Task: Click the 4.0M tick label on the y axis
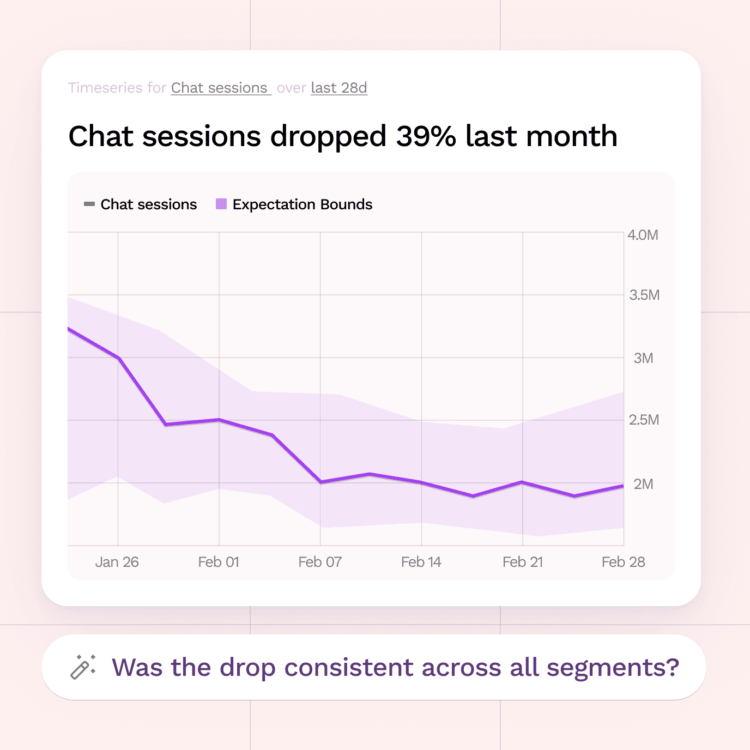643,235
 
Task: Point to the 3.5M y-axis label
644,295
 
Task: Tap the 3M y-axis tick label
643,358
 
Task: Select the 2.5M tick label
644,420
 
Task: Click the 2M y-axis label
643,484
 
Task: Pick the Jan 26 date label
117,562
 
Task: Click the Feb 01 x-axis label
219,562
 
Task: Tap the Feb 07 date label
320,562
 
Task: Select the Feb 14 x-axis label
421,562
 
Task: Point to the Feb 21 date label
522,562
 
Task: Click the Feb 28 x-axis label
623,562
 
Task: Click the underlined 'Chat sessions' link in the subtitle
219,88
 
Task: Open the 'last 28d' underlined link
339,88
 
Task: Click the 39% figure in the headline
426,136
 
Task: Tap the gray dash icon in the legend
89,204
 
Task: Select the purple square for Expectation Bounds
221,204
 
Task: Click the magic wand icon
83,667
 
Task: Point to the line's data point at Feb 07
320,482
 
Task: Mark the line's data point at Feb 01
219,419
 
